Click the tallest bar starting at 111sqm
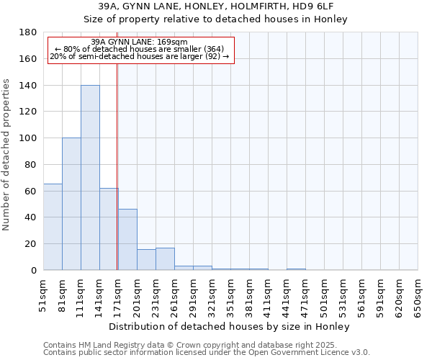90,178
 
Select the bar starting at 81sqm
71,204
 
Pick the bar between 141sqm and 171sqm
109,229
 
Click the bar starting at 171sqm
127,240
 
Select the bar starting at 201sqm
146,259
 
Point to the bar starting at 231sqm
165,258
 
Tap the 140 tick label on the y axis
29,85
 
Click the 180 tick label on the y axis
29,32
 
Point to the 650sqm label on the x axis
418,297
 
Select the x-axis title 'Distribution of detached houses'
230,326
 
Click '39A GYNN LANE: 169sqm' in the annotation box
140,42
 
